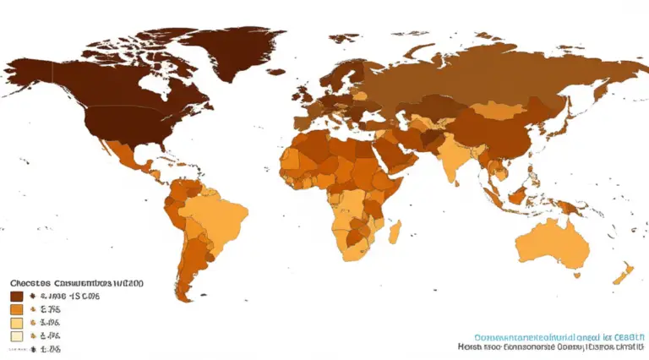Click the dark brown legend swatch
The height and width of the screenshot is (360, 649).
[15, 297]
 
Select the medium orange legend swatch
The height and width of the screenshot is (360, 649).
[15, 309]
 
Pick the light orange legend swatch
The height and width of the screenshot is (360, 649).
[15, 323]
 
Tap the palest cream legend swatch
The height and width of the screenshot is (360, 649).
[15, 335]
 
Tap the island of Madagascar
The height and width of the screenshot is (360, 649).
[395, 231]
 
